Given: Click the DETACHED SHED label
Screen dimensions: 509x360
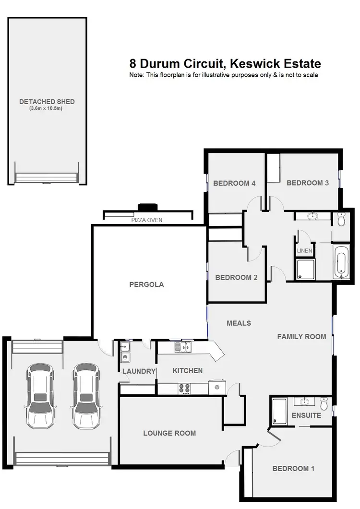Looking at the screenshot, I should [47, 102].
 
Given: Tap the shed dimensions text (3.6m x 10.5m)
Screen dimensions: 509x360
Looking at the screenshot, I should [47, 109].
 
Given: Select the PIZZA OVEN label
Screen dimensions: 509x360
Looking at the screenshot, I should [147, 220].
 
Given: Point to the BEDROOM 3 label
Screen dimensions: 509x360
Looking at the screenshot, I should [308, 183].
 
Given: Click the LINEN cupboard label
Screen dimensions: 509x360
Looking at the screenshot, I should [305, 251].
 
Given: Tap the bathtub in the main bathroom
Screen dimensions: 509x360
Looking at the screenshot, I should [340, 262].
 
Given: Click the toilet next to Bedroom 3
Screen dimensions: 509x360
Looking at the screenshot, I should [341, 219].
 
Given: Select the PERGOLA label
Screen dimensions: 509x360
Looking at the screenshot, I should [146, 284].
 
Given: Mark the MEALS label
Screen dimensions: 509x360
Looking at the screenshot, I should [239, 323].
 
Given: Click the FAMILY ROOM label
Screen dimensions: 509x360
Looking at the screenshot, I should [301, 337].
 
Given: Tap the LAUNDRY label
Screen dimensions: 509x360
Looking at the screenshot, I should [139, 371].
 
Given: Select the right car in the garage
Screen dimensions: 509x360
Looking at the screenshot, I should [86, 396].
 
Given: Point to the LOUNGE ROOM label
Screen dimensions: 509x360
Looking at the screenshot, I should [169, 433].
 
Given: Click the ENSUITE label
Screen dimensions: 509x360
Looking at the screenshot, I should [306, 415].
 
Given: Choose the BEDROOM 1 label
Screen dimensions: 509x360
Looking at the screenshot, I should [293, 469].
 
